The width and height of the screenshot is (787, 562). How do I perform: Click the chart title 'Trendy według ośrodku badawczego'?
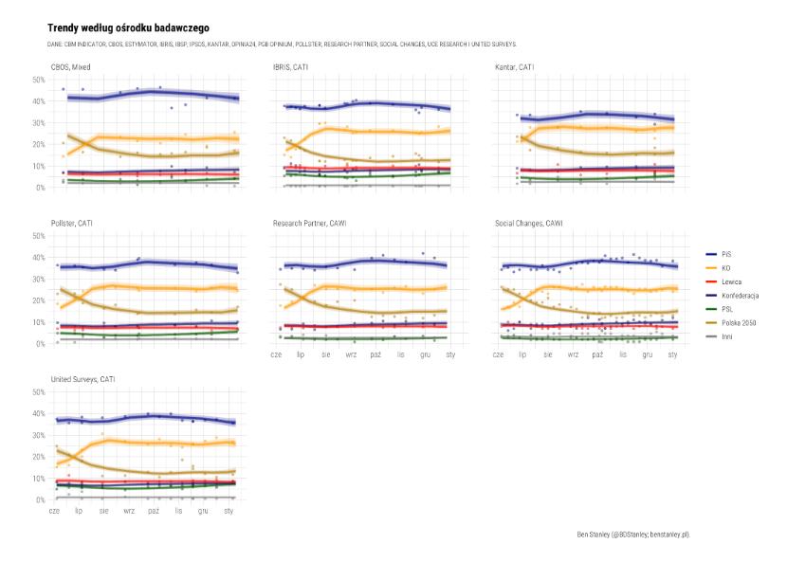(128, 29)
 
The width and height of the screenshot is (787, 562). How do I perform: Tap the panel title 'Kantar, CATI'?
(515, 67)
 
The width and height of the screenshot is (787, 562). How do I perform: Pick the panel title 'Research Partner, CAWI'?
(308, 224)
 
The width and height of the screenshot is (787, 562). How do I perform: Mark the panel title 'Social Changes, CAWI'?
(529, 224)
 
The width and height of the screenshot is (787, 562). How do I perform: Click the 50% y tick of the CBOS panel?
(39, 80)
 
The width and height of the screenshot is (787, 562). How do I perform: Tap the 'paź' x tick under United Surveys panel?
(154, 511)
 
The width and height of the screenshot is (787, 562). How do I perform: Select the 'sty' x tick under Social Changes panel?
(672, 354)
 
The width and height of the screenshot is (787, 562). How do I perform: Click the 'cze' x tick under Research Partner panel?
(276, 354)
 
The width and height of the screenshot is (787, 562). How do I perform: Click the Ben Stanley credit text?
(632, 535)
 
